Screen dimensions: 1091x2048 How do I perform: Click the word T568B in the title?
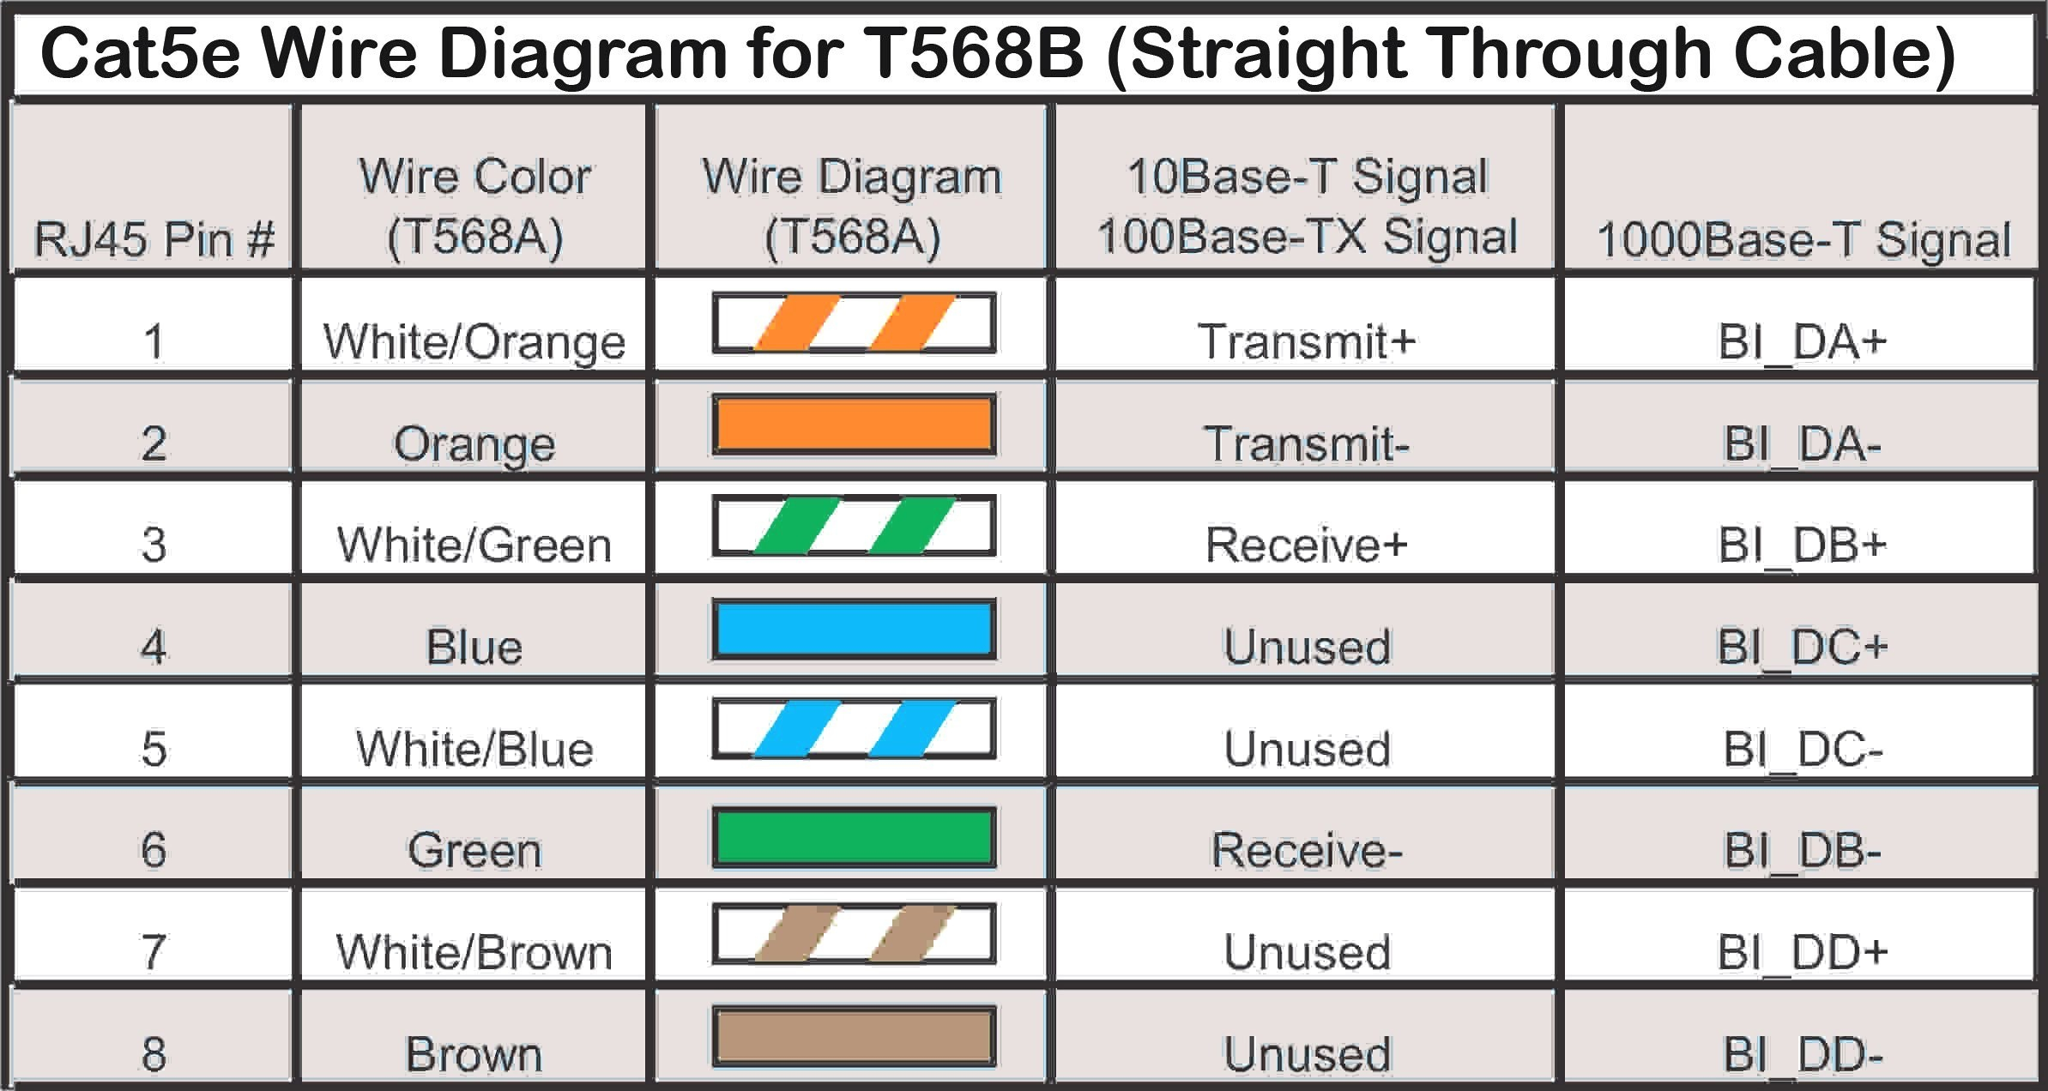[973, 53]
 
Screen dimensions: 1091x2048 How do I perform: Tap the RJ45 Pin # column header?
[154, 238]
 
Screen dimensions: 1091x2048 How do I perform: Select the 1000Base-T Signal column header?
[1803, 239]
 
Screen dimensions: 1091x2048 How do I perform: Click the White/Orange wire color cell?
[474, 341]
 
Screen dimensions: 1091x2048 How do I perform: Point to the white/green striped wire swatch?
[854, 526]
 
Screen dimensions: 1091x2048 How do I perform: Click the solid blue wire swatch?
[854, 630]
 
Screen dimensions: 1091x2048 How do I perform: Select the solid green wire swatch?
[854, 837]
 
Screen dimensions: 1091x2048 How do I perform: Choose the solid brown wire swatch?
[854, 1037]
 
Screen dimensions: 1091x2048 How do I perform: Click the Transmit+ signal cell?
[1305, 341]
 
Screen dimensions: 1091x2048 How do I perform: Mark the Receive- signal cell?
[1305, 850]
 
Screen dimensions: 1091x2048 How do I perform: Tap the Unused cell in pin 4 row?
[1305, 647]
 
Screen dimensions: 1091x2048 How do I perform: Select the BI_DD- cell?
[1802, 1054]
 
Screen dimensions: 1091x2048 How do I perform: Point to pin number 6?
[154, 850]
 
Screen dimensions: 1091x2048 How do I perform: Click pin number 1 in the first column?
[154, 341]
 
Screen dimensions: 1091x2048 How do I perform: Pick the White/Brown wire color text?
[474, 952]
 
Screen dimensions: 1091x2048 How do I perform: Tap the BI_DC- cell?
[1802, 749]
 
